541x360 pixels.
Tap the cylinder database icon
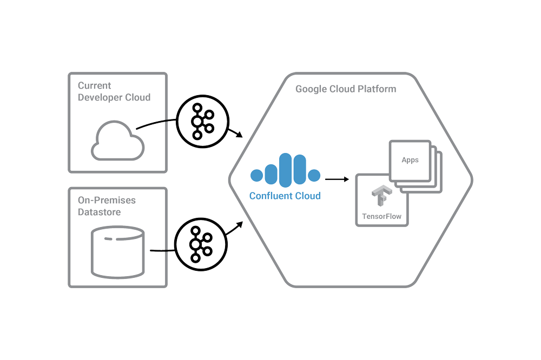click(117, 252)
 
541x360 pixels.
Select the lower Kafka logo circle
click(201, 245)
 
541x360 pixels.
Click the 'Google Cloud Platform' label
click(346, 89)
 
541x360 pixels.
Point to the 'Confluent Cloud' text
click(285, 196)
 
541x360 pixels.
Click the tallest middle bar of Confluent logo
click(285, 170)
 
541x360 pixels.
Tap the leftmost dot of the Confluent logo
click(256, 175)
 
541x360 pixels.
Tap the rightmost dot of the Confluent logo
click(314, 175)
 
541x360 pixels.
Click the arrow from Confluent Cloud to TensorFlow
click(336, 179)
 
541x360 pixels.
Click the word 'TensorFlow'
click(382, 217)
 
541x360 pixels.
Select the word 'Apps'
click(410, 160)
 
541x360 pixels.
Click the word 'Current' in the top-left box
click(95, 85)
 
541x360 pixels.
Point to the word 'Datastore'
click(99, 212)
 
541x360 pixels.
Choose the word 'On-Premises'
click(107, 200)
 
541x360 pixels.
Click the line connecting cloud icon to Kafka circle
click(157, 124)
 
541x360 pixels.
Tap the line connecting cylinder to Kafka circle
click(162, 251)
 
